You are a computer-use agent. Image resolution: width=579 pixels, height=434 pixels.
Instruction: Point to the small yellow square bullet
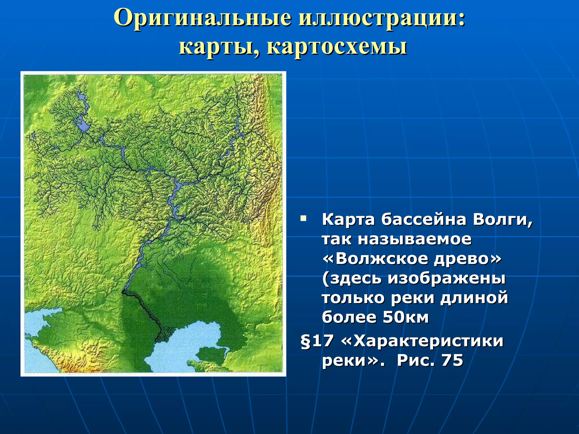303,218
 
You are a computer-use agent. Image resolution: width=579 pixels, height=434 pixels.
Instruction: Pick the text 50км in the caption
405,317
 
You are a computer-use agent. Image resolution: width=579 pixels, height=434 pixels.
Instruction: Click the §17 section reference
317,341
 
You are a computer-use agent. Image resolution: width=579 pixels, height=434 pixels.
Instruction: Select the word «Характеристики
422,341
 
